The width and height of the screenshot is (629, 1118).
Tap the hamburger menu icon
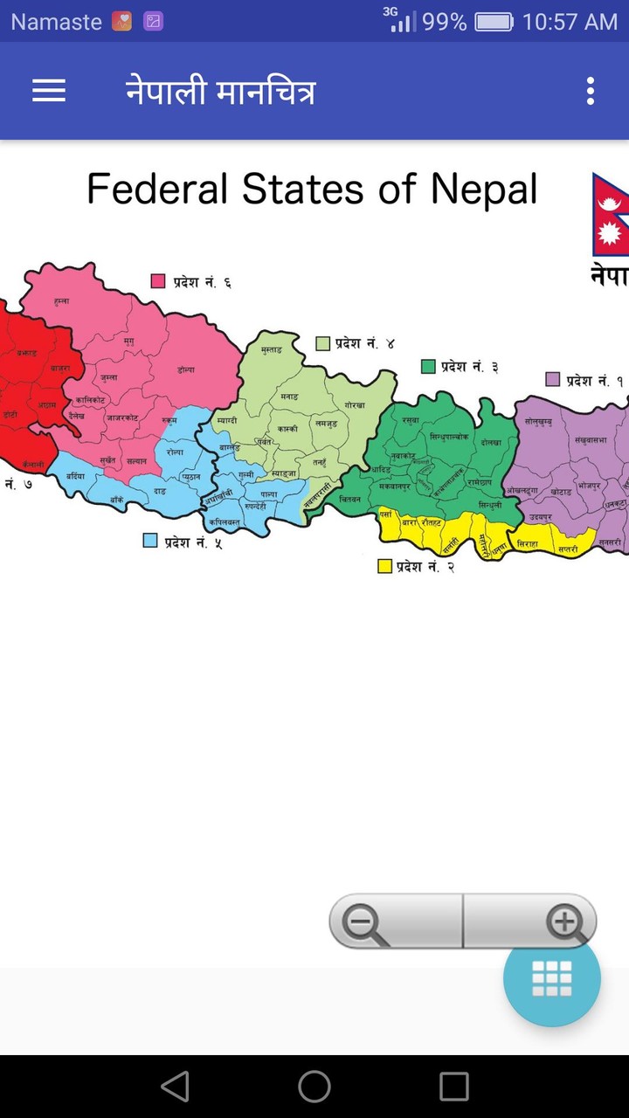pyautogui.click(x=49, y=91)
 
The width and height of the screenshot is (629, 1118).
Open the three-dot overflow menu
pyautogui.click(x=591, y=91)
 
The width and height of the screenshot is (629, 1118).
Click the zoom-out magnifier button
pyautogui.click(x=366, y=922)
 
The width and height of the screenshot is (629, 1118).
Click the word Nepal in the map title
pyautogui.click(x=483, y=189)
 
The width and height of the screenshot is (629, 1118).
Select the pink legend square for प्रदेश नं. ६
pyautogui.click(x=158, y=281)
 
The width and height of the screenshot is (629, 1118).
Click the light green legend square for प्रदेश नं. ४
pyautogui.click(x=323, y=343)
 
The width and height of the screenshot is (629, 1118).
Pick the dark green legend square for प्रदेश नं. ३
pyautogui.click(x=428, y=366)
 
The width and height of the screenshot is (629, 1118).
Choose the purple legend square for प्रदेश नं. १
pyautogui.click(x=552, y=380)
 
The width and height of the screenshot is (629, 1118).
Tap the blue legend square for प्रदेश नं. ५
pyautogui.click(x=150, y=541)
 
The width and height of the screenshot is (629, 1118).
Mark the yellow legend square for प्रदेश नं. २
pyautogui.click(x=384, y=566)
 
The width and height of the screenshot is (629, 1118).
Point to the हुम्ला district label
pyautogui.click(x=61, y=300)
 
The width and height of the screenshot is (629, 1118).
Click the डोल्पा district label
pyautogui.click(x=185, y=369)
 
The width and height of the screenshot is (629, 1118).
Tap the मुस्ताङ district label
pyautogui.click(x=272, y=349)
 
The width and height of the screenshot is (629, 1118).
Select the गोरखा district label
pyautogui.click(x=354, y=406)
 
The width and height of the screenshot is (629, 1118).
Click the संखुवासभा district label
pyautogui.click(x=591, y=440)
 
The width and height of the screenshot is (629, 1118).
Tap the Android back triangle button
pyautogui.click(x=175, y=1087)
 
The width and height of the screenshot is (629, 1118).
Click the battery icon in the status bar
pyautogui.click(x=494, y=22)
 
